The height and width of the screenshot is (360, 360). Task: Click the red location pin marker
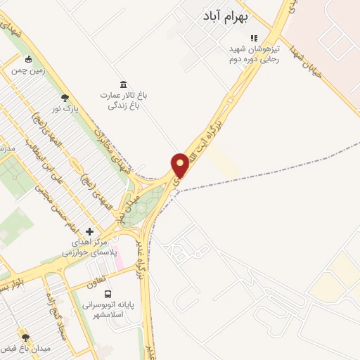180,166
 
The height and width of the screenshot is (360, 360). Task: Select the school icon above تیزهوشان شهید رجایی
255,38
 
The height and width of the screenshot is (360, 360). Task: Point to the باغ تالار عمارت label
122,101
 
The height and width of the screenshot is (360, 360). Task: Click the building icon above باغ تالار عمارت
122,84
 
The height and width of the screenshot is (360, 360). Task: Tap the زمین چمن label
28,71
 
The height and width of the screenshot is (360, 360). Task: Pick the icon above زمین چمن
28,59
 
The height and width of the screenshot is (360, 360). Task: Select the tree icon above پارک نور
65,97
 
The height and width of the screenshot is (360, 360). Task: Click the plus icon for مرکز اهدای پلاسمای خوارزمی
89,231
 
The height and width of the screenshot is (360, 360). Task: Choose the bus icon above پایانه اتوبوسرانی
108,294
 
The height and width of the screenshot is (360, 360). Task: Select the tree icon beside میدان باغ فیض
26,337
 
